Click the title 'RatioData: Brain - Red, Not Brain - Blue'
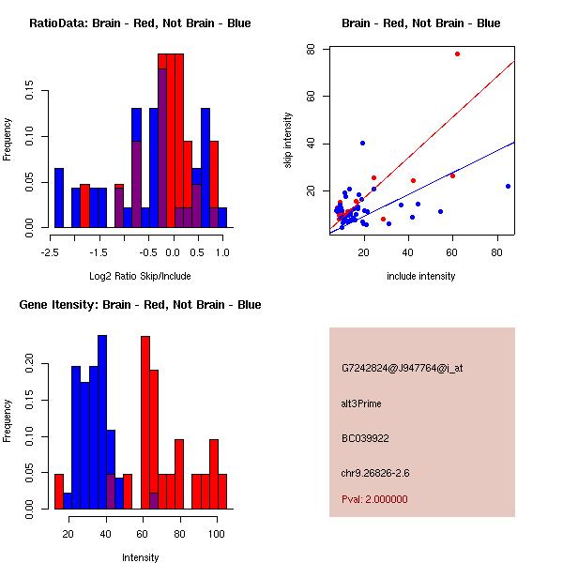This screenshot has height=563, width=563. (x=140, y=23)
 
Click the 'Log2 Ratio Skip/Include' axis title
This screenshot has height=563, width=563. (x=140, y=275)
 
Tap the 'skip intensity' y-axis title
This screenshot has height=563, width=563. (x=288, y=141)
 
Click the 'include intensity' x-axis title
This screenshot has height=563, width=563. (x=421, y=276)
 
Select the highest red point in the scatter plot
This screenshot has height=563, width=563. (x=457, y=54)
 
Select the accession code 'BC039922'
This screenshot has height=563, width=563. (x=366, y=437)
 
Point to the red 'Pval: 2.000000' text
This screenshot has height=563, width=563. (x=375, y=499)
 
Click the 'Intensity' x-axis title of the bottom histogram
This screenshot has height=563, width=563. (x=140, y=557)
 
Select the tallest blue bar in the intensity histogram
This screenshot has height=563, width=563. (x=102, y=422)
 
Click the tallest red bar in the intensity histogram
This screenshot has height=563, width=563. (x=145, y=422)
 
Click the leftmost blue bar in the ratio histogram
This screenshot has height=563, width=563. (x=59, y=198)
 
